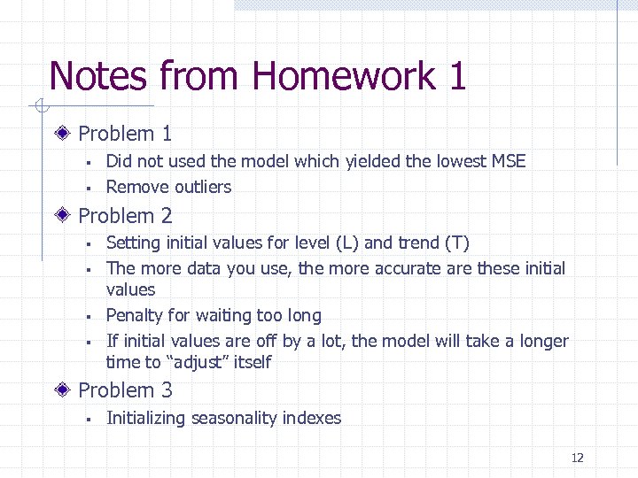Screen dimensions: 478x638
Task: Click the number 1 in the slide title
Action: [457, 76]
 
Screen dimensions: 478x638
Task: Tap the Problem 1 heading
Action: [125, 134]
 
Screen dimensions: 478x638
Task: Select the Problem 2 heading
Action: [125, 215]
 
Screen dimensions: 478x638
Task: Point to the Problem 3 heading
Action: [125, 389]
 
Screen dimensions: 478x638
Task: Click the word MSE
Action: [507, 161]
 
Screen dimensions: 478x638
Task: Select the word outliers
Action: [203, 187]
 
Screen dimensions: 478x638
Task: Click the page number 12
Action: [577, 458]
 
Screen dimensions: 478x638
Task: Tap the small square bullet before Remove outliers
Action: [89, 188]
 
